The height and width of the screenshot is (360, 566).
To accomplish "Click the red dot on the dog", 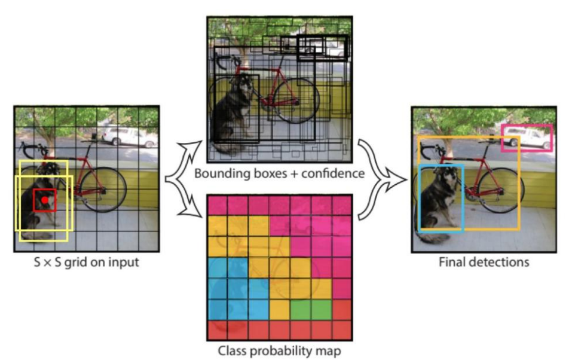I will click(44, 199).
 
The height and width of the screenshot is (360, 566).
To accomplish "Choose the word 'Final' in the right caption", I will click(452, 262).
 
